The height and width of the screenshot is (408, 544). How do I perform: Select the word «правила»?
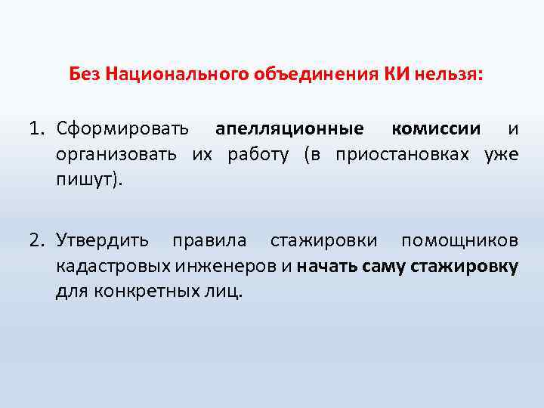tap(209, 240)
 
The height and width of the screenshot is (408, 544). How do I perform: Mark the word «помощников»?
tap(459, 240)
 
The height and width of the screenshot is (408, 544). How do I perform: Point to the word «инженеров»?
tap(227, 267)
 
